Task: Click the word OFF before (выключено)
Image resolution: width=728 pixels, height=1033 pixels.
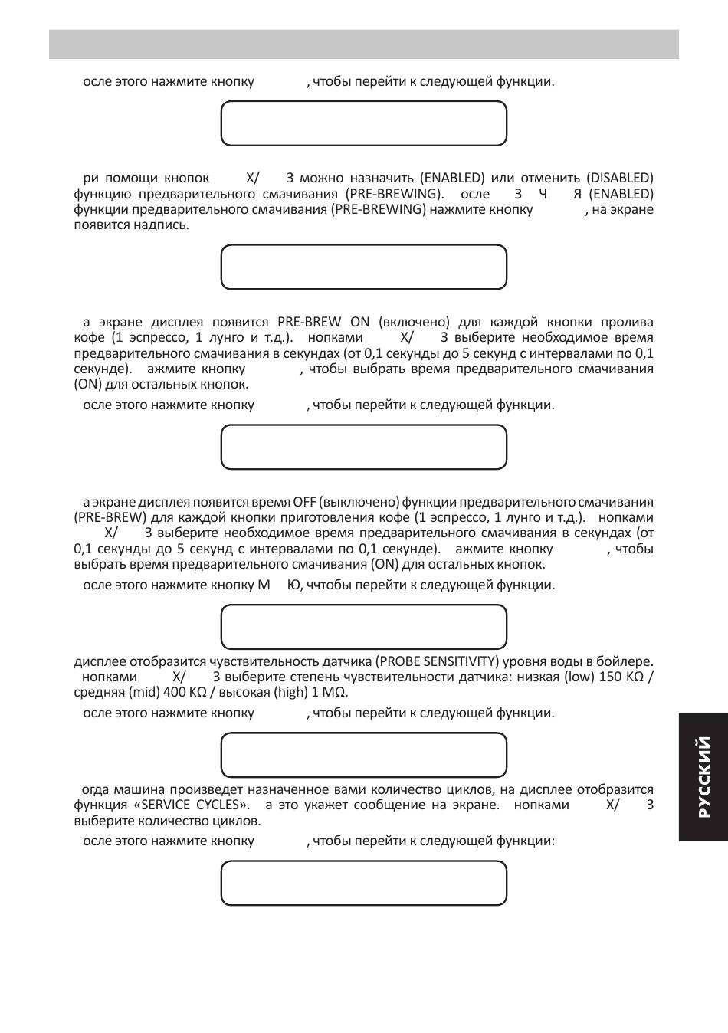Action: (303, 502)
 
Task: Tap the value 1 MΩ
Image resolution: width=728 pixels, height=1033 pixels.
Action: (330, 692)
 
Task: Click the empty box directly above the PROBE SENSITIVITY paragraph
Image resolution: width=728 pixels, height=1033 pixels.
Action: (364, 626)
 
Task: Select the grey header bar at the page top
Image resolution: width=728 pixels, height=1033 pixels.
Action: (364, 44)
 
